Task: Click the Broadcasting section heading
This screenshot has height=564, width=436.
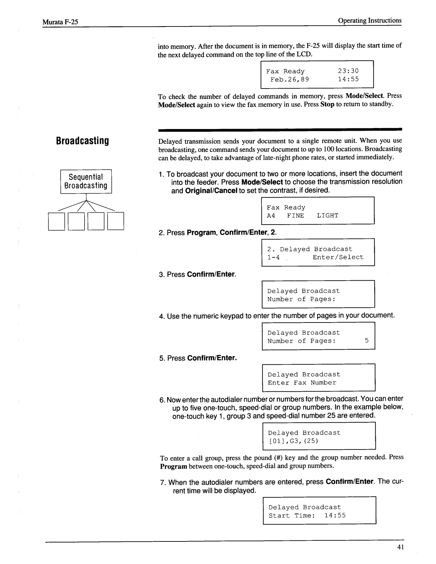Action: tap(82, 141)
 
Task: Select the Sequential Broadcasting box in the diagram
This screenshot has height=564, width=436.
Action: tap(86, 181)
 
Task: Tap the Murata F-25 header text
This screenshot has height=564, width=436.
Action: tap(60, 22)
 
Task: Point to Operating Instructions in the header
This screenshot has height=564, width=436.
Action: tap(370, 20)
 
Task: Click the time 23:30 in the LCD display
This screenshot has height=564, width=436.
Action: tap(348, 71)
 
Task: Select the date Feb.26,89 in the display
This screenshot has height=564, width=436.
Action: tap(289, 79)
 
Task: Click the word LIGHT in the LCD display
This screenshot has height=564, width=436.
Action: tap(327, 216)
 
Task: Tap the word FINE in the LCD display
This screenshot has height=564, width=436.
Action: tap(295, 216)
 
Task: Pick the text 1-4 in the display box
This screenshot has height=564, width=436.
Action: tap(274, 257)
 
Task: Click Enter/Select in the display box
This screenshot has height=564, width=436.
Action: tap(338, 257)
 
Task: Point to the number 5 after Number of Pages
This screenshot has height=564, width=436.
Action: tap(367, 341)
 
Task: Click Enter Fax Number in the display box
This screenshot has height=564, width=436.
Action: tap(302, 383)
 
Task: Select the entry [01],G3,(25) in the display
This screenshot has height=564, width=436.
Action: tap(293, 441)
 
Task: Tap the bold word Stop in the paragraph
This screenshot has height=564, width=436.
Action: tap(327, 105)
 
